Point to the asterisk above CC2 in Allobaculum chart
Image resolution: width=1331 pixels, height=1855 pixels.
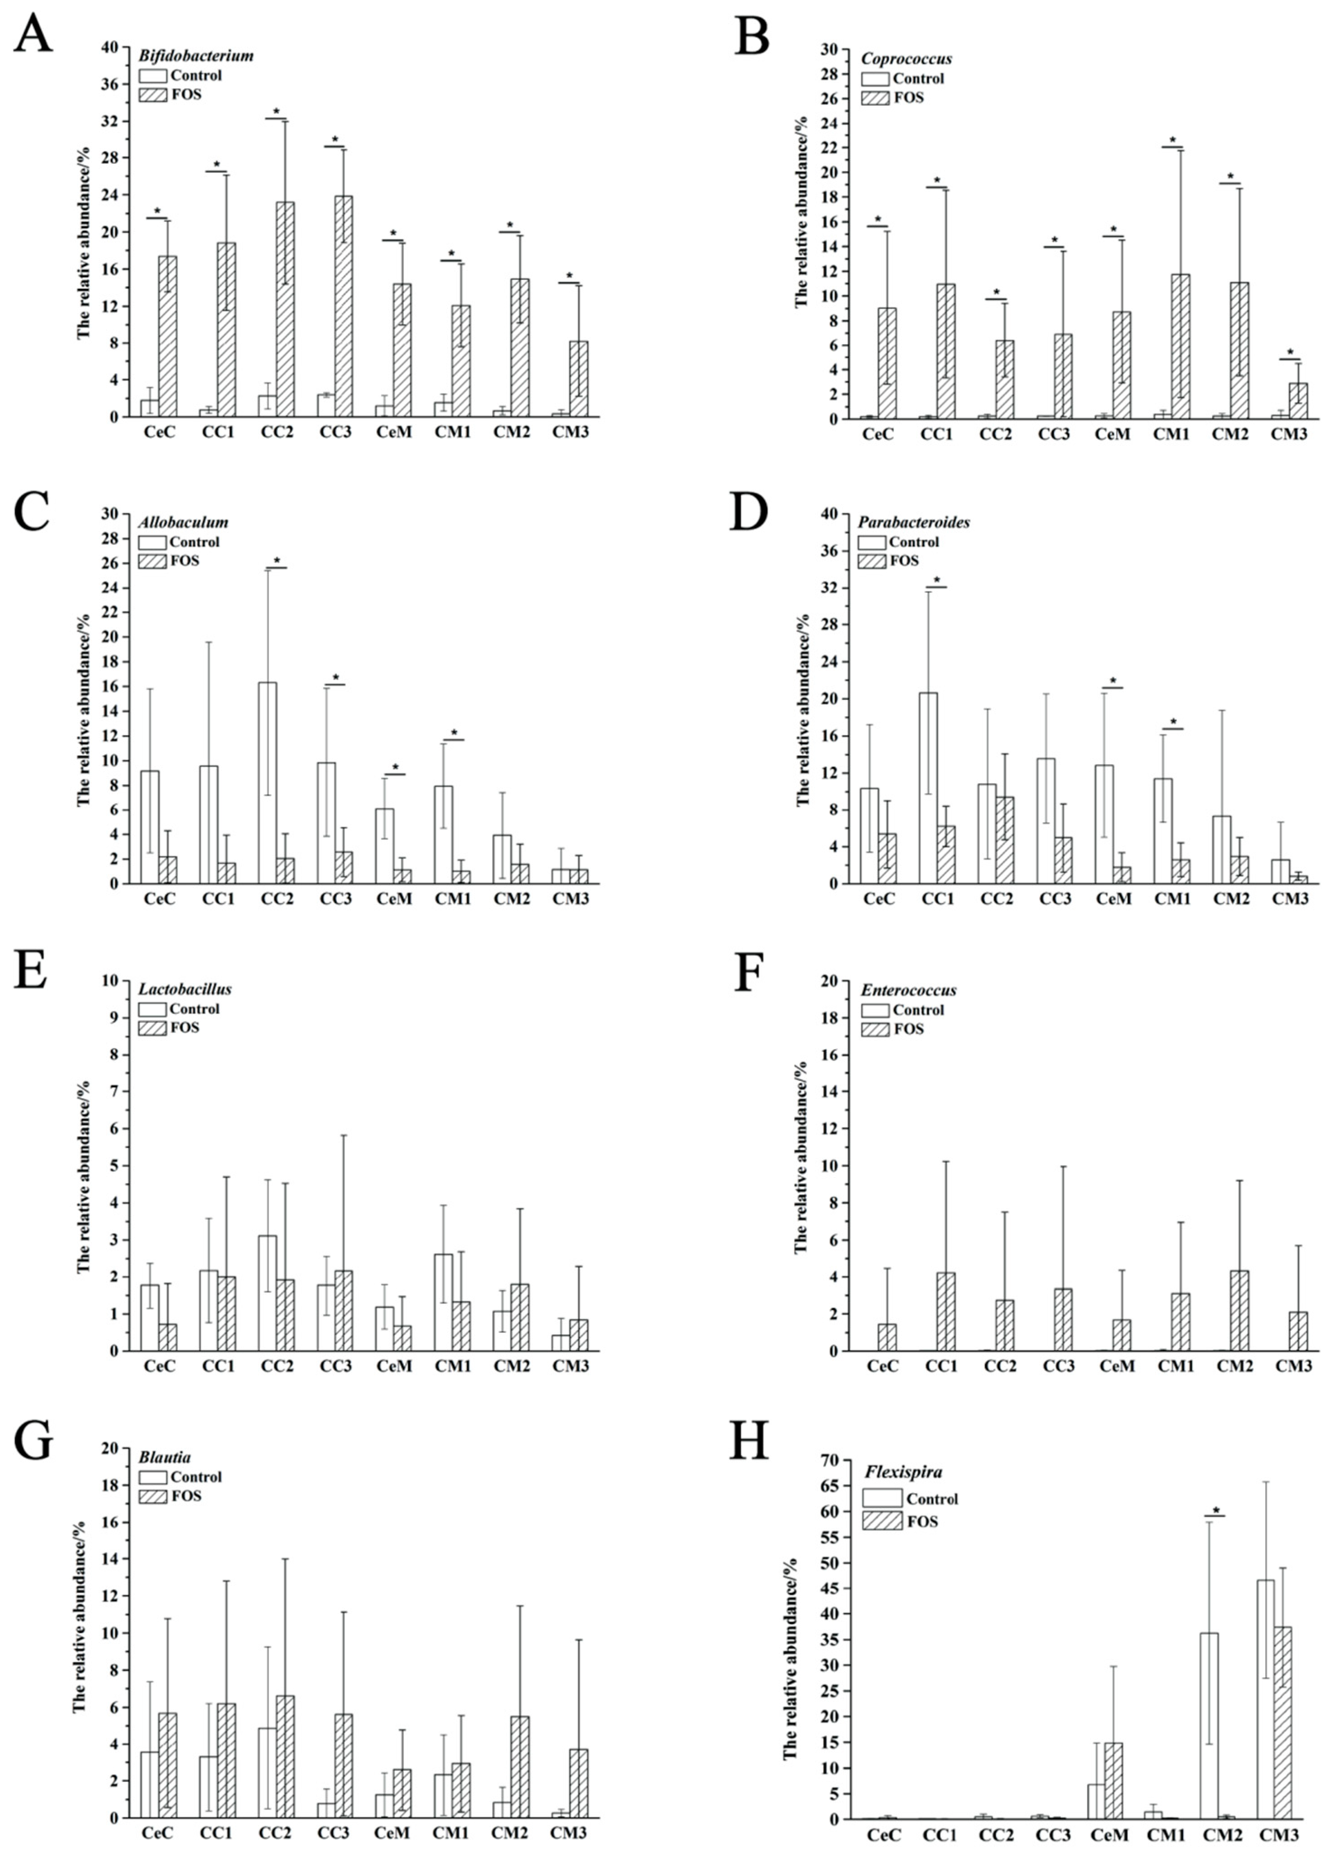pos(276,561)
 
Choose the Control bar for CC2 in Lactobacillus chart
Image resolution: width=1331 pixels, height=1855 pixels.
pos(267,1292)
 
